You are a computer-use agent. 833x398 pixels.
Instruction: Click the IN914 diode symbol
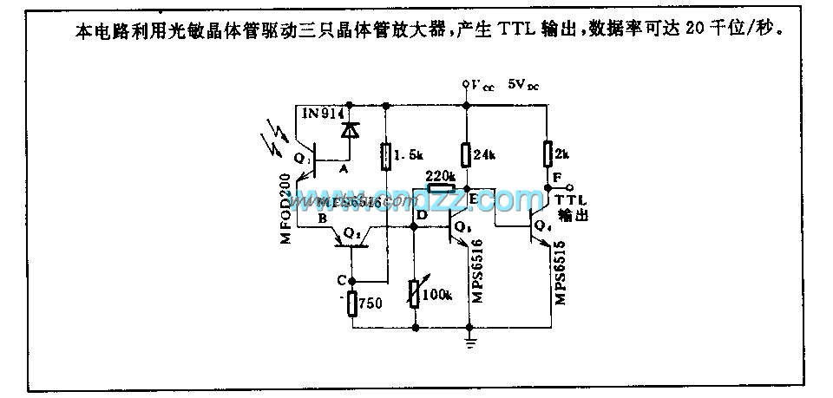click(x=350, y=130)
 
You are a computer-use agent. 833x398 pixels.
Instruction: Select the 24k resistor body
click(x=466, y=155)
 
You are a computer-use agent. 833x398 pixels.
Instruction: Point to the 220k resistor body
click(x=441, y=188)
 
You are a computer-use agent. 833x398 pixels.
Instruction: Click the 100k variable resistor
click(x=413, y=295)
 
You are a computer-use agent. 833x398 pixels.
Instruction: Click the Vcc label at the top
click(x=482, y=86)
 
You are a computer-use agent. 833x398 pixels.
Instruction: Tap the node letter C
click(x=341, y=281)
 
